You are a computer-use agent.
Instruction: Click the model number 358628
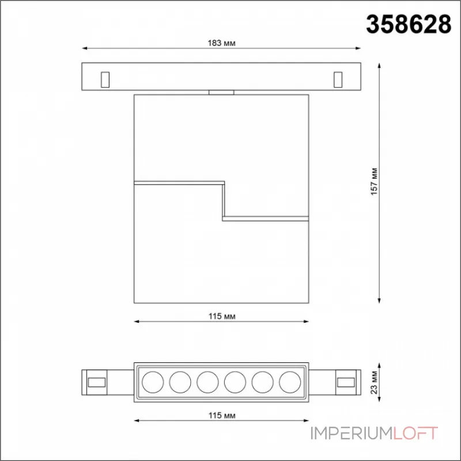(409, 24)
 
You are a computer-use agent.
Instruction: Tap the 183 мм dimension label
(221, 43)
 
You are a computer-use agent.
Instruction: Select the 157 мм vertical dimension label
(374, 182)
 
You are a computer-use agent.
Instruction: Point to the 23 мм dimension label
(374, 382)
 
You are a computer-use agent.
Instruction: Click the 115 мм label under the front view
(222, 316)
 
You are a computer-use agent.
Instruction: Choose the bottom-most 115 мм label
(222, 415)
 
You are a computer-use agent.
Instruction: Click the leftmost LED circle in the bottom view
(153, 382)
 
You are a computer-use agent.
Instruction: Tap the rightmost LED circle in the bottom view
(290, 382)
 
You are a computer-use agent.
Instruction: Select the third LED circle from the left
(207, 382)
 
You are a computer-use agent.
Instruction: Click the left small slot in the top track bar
(105, 80)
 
